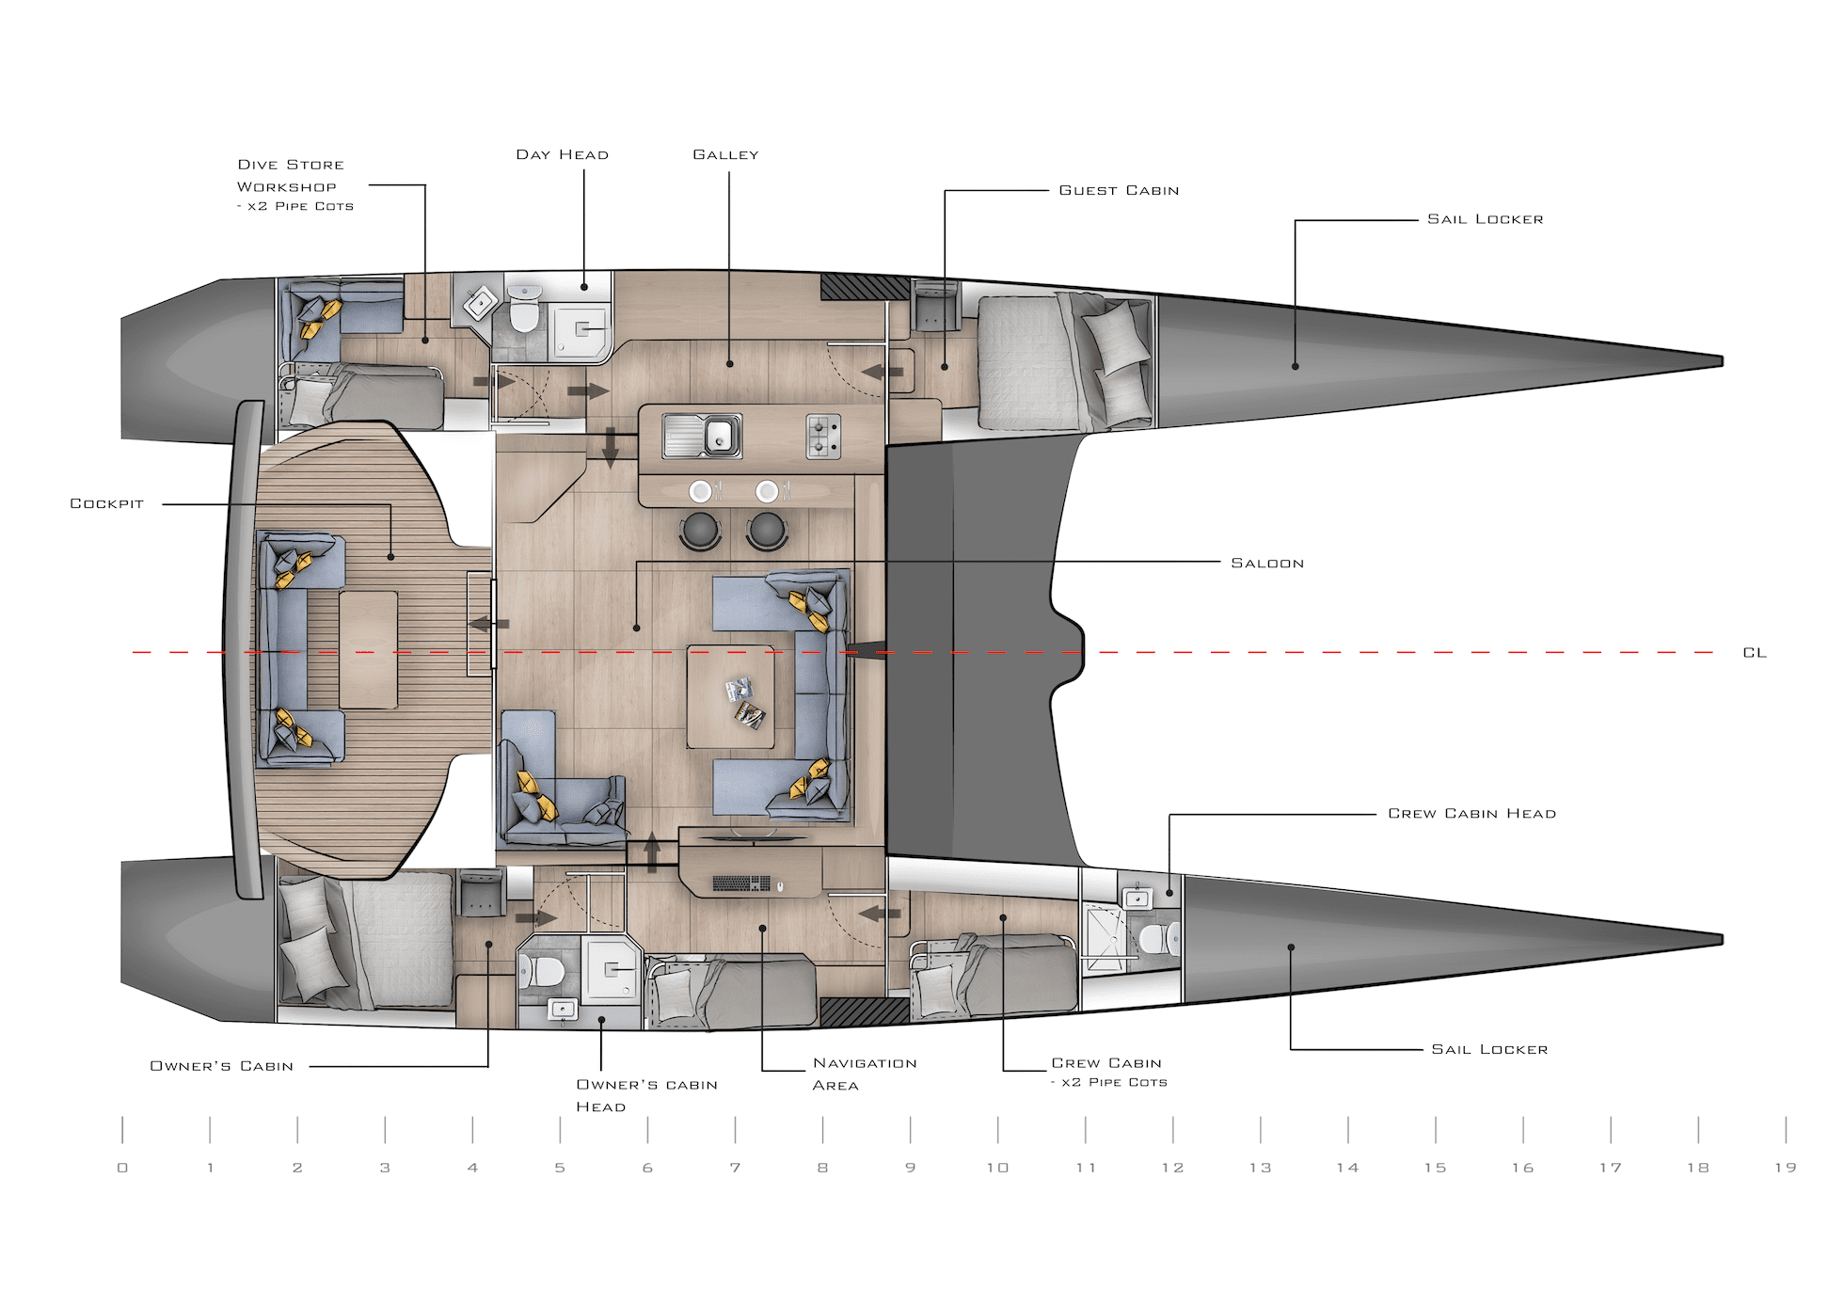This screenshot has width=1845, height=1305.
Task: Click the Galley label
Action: [x=725, y=154]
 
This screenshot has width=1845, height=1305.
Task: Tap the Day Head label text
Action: [x=562, y=154]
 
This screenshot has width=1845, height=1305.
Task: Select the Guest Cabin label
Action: [x=1119, y=190]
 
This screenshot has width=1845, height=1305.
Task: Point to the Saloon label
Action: [x=1267, y=563]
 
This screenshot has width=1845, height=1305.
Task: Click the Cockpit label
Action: [x=106, y=503]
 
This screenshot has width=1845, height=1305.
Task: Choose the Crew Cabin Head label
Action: [x=1471, y=813]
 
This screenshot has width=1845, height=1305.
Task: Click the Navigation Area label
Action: [x=865, y=1074]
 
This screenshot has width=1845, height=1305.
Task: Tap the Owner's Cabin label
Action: [x=222, y=1066]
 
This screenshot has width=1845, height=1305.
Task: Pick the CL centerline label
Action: [x=1755, y=652]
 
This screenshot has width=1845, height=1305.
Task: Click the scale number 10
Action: [x=997, y=1168]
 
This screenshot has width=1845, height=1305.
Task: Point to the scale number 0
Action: [x=122, y=1168]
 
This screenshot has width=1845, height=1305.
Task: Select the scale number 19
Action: [x=1785, y=1168]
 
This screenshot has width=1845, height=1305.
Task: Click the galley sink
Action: [x=702, y=437]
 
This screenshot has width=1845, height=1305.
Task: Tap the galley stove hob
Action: [x=823, y=437]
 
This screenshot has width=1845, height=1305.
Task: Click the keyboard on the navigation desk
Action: [x=742, y=884]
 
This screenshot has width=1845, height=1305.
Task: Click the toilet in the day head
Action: [x=524, y=309]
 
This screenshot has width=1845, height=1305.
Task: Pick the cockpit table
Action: [x=369, y=650]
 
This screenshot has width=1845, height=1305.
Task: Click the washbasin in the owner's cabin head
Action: [x=563, y=1010]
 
